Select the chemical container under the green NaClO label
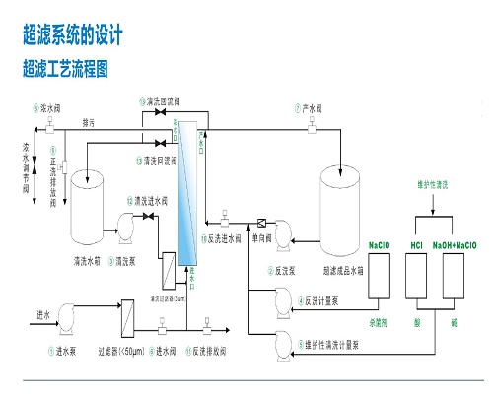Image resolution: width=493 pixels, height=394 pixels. [x=379, y=276]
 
